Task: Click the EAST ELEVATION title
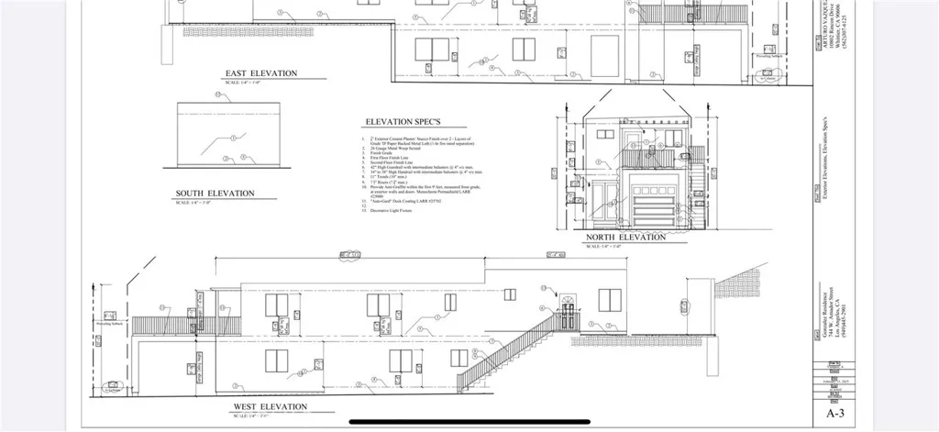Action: (x=261, y=73)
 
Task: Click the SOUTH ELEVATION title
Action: (x=215, y=194)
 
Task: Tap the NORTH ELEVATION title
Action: (x=626, y=238)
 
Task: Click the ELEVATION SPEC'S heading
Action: (x=403, y=122)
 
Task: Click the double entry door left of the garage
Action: (x=605, y=204)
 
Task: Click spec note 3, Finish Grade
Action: (x=381, y=154)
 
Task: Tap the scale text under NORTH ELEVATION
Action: (x=602, y=246)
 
